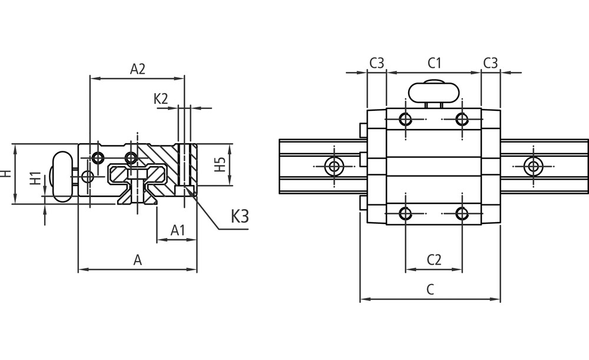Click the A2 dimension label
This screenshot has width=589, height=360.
pyautogui.click(x=137, y=69)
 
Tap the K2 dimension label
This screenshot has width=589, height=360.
pyautogui.click(x=161, y=98)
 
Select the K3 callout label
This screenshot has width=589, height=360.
pyautogui.click(x=239, y=216)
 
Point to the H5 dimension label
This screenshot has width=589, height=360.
pyautogui.click(x=220, y=164)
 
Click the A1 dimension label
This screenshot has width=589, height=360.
pyautogui.click(x=178, y=230)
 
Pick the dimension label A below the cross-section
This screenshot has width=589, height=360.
pyautogui.click(x=137, y=260)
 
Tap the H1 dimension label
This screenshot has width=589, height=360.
pyautogui.click(x=36, y=179)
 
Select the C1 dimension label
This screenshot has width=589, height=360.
pyautogui.click(x=435, y=62)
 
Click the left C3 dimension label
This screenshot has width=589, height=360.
pyautogui.click(x=377, y=62)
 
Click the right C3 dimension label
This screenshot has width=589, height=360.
pyautogui.click(x=491, y=62)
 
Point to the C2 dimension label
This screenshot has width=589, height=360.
pyautogui.click(x=434, y=259)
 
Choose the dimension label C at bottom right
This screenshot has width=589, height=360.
pyautogui.click(x=430, y=289)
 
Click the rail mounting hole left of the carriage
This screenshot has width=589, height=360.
pyautogui.click(x=335, y=166)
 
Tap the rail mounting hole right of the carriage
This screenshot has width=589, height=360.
pyautogui.click(x=534, y=166)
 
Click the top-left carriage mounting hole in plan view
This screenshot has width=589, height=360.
pyautogui.click(x=405, y=120)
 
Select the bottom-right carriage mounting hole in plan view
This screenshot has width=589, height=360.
pyautogui.click(x=462, y=213)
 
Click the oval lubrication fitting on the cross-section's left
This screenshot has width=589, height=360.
pyautogui.click(x=61, y=176)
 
